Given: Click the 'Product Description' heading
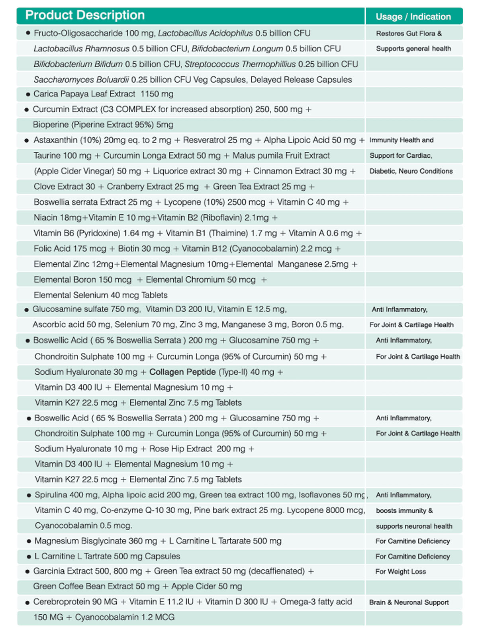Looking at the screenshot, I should point(85,15).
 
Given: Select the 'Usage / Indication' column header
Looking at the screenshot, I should point(413,17).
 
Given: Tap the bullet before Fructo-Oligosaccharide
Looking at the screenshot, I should point(27,33).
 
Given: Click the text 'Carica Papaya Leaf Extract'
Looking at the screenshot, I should point(84,94).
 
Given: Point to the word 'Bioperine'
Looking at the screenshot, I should point(51,125).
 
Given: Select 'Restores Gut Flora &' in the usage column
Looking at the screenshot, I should point(409,33).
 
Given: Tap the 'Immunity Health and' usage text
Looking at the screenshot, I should point(401,140).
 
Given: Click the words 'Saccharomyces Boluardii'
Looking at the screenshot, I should point(81,80).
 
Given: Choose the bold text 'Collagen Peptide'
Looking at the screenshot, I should point(182,372).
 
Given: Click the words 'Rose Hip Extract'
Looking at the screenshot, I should point(180,449).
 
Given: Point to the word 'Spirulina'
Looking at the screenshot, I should point(51,495).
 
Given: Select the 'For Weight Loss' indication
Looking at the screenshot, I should point(400,572).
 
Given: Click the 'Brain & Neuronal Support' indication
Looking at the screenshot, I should point(409,602).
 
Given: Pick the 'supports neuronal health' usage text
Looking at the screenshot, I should point(414,526).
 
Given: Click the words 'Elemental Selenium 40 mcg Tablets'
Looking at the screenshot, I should point(100,295).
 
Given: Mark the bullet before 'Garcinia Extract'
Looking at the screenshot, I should point(27,572).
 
